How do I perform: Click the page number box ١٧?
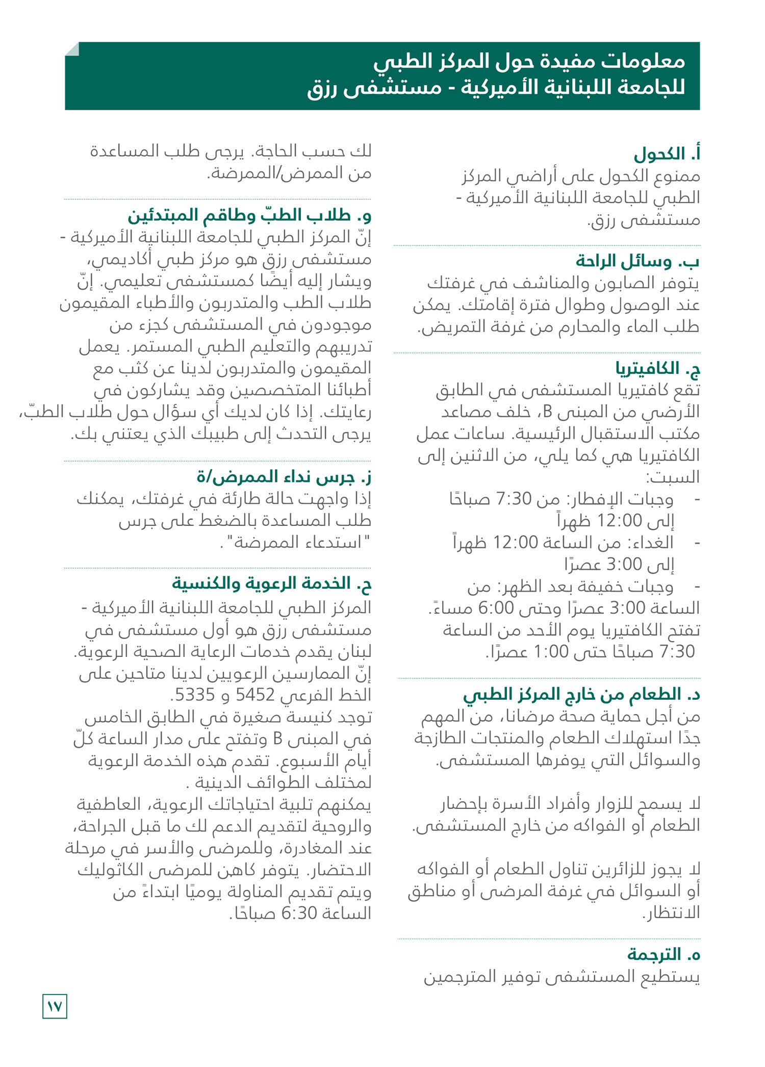(x=55, y=1006)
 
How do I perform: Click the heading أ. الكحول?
(x=667, y=154)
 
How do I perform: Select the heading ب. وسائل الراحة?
(x=637, y=261)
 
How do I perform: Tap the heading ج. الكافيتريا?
(x=657, y=368)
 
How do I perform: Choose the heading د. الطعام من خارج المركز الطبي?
(x=581, y=694)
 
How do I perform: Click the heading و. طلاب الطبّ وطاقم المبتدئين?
(x=249, y=215)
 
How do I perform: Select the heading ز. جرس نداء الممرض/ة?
(x=284, y=477)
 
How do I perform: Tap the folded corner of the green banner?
(x=72, y=49)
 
